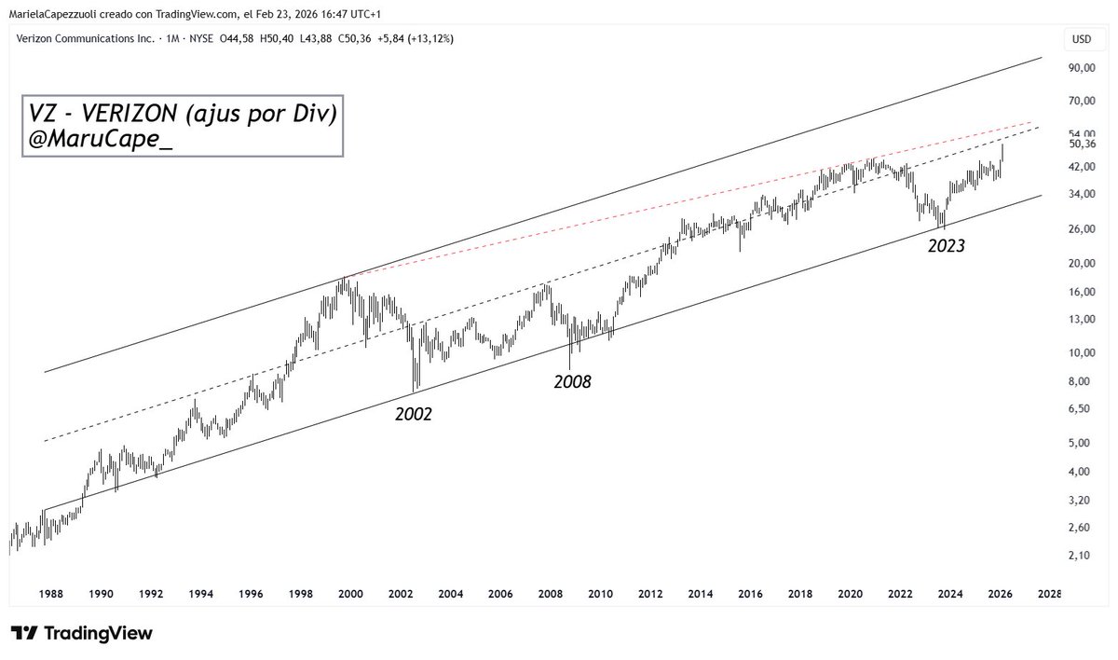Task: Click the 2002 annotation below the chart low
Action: (414, 415)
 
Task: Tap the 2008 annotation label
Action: (572, 381)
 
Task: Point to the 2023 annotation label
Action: (945, 248)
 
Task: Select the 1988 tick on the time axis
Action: (51, 593)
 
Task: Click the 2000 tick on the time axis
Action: (350, 593)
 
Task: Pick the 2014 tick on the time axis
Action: (700, 593)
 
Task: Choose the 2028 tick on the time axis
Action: (1049, 593)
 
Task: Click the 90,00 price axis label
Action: (1081, 68)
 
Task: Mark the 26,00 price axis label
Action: (1081, 229)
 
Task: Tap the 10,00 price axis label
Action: (1081, 352)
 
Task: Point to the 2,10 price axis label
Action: (1078, 556)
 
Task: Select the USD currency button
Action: (1082, 39)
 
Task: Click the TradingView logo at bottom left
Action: (81, 634)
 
